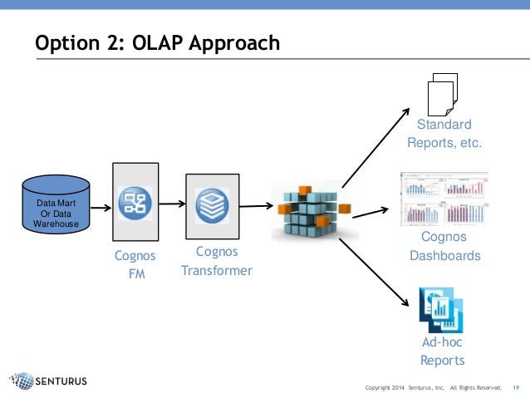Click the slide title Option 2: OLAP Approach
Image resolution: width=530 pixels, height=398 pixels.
click(157, 42)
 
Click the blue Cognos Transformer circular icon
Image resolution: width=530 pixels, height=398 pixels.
click(212, 205)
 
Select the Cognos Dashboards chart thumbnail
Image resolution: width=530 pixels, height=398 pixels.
click(444, 199)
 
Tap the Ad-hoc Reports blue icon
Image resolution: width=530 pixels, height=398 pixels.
click(441, 308)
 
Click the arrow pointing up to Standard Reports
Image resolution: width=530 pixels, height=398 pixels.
click(375, 146)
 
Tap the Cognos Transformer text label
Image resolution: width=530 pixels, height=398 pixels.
click(216, 261)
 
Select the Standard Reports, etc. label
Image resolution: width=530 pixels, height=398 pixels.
click(444, 134)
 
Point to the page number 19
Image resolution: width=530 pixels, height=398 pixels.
click(516, 388)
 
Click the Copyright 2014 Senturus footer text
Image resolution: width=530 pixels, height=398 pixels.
click(433, 388)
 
